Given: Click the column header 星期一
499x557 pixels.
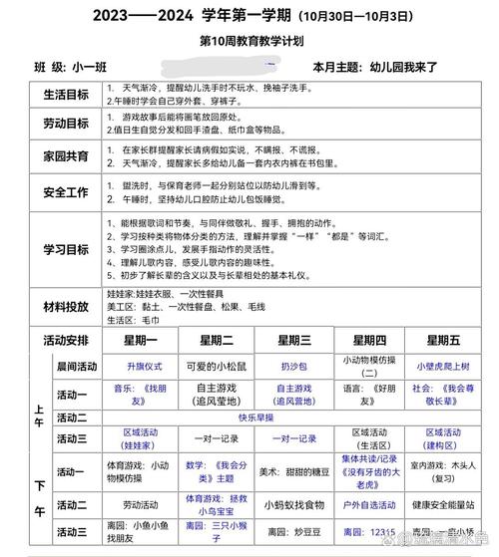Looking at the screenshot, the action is (136, 341).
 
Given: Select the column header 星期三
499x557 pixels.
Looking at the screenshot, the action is (291, 341).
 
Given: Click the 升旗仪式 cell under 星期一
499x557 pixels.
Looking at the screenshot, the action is (136, 366).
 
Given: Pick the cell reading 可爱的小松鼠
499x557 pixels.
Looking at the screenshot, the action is (216, 366).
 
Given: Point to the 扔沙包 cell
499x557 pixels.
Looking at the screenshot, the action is (291, 366).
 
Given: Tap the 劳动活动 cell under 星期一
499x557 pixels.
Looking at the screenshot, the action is (136, 505).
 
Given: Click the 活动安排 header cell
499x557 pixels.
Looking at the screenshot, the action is (66, 341).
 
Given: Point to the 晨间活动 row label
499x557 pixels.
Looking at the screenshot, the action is (76, 366).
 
